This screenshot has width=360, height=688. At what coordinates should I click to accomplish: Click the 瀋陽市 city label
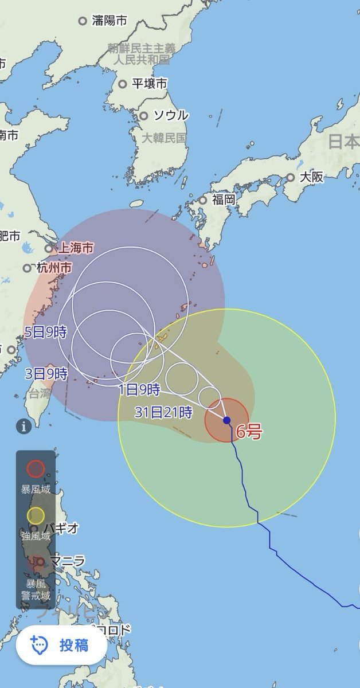tap(109, 21)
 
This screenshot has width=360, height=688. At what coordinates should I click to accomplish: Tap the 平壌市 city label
tap(149, 84)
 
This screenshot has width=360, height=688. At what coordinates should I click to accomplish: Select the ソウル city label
tap(170, 115)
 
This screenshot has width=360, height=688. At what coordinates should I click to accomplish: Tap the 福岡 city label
tap(223, 200)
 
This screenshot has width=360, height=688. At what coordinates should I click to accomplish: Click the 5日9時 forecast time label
tap(46, 332)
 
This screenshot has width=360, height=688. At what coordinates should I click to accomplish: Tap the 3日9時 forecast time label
tap(46, 374)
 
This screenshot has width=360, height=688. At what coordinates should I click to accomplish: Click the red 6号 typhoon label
tap(249, 432)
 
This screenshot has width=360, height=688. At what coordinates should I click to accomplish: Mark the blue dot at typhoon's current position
tap(227, 420)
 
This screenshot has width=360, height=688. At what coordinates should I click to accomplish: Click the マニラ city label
tap(68, 561)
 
